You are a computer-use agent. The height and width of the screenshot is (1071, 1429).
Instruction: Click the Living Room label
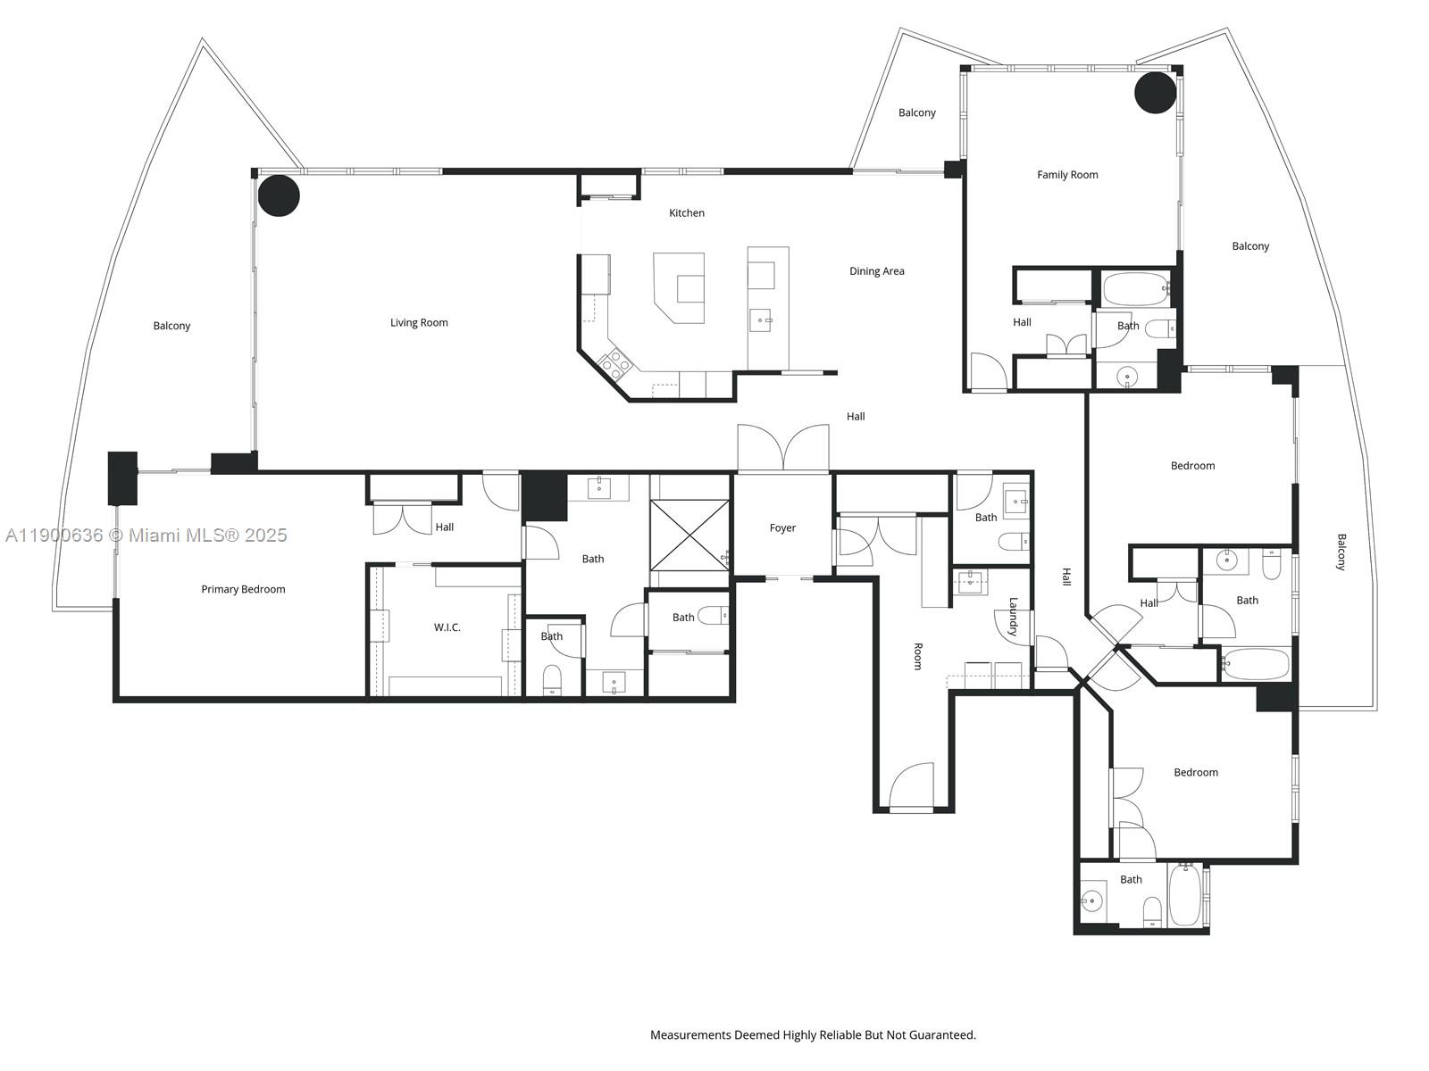pos(419,322)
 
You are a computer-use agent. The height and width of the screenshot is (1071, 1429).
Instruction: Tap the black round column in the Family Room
pos(1155,93)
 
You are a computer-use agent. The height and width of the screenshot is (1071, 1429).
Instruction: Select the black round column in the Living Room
pos(279,195)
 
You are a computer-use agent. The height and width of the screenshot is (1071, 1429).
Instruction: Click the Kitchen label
pos(687,212)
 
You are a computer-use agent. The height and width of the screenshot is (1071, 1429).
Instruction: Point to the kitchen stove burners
pos(615,361)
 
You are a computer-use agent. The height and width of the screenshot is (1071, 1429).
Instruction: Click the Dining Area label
pos(876,271)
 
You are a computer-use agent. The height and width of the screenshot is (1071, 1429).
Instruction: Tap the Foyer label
pos(782,527)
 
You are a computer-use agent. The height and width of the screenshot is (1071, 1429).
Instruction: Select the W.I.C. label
pos(447,627)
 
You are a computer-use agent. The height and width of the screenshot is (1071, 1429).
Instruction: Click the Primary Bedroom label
pos(243,589)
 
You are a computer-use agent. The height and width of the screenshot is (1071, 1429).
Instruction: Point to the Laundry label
pos(1013,616)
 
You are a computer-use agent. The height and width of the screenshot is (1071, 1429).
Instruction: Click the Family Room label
pos(1067,175)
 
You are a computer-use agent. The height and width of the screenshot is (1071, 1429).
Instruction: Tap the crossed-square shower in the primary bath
pos(689,535)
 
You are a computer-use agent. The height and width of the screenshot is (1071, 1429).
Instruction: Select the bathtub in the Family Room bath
pos(1135,289)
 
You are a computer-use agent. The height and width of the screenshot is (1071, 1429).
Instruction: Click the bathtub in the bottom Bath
pos(1184,896)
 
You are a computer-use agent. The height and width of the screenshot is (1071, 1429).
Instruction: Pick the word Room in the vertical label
pos(917,656)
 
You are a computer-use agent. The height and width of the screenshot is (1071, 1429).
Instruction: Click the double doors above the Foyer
pos(783,447)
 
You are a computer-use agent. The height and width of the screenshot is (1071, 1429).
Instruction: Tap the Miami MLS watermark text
pos(146,535)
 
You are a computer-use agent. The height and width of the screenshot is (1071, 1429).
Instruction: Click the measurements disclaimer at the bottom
pos(813,1035)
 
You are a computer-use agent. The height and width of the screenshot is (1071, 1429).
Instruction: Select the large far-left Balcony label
pos(171,326)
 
